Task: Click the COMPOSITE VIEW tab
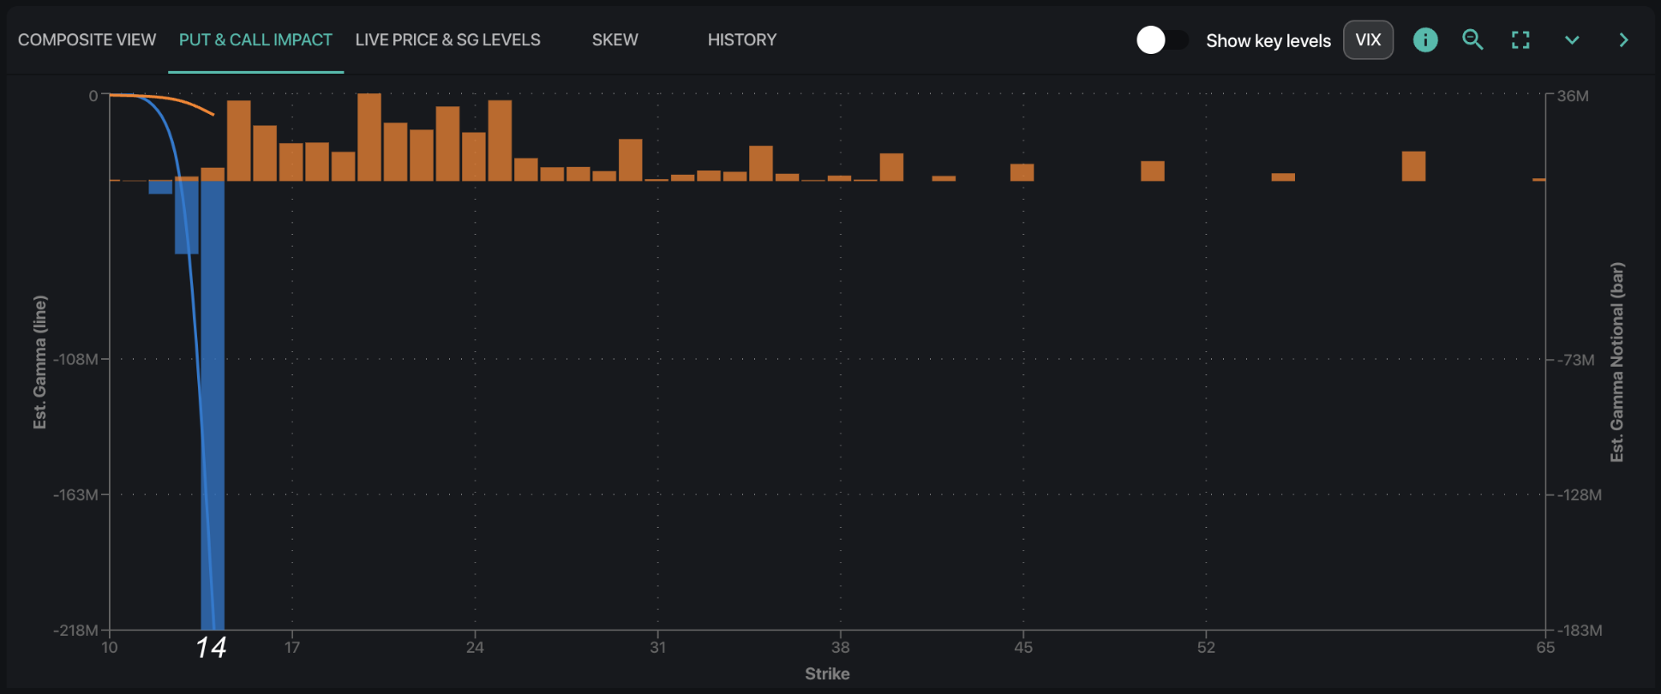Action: [x=87, y=40]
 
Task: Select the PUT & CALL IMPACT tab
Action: [x=255, y=40]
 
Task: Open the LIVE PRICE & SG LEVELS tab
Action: [x=447, y=40]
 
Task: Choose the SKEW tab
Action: [x=615, y=40]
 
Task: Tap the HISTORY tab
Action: [x=741, y=40]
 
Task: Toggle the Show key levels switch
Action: [x=1161, y=40]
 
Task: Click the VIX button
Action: [x=1367, y=40]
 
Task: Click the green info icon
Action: [x=1424, y=40]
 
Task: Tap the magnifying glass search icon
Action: [x=1472, y=40]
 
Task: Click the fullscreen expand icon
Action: [x=1520, y=40]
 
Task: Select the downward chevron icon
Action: [x=1572, y=40]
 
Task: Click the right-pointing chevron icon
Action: [x=1623, y=40]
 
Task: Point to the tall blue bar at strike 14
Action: [x=213, y=403]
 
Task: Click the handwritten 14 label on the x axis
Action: [x=211, y=647]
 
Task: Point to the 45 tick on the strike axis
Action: [x=1022, y=647]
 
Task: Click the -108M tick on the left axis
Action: [x=75, y=359]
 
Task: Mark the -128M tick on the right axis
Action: [x=1579, y=495]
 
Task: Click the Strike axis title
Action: [x=827, y=674]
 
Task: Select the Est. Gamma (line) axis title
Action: [x=40, y=362]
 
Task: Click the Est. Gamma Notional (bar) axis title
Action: [x=1616, y=362]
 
